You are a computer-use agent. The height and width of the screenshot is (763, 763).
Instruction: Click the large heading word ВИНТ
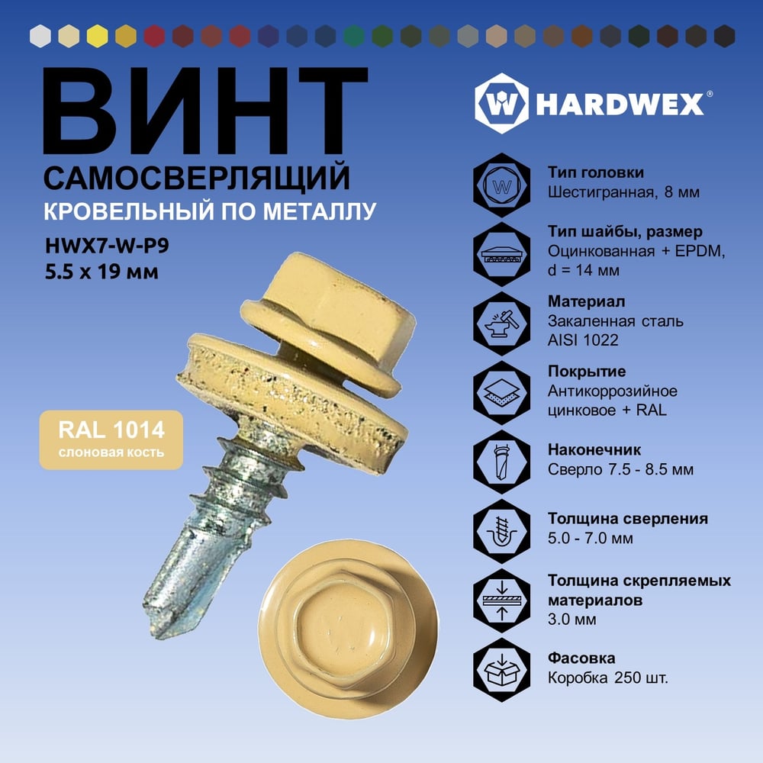tap(204, 111)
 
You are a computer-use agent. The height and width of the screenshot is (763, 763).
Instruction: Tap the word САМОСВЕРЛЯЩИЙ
tap(197, 178)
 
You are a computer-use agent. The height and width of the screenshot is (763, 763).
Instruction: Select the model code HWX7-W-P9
tap(107, 246)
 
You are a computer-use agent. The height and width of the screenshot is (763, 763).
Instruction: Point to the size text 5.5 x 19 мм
tap(101, 272)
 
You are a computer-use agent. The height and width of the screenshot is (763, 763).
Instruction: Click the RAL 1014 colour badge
tap(111, 440)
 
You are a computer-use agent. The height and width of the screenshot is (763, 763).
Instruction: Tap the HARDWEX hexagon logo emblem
tap(502, 103)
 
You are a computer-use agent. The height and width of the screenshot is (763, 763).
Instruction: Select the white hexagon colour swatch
tap(40, 36)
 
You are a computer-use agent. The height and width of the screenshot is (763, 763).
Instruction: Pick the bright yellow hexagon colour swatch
tap(98, 36)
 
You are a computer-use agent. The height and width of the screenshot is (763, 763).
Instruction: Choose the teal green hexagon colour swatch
tap(354, 36)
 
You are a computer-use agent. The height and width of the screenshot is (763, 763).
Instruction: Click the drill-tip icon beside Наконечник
tap(502, 462)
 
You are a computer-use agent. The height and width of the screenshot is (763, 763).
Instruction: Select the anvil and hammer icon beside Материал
tap(502, 323)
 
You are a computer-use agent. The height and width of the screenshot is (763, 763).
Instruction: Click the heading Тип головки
tap(596, 172)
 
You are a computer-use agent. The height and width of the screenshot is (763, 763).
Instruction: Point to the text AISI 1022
tap(583, 340)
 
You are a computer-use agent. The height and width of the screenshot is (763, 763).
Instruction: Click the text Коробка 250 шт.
tap(608, 678)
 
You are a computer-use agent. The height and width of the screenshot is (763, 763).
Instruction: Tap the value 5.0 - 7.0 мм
tap(591, 538)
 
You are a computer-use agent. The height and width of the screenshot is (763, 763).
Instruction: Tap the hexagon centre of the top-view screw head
tap(343, 628)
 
